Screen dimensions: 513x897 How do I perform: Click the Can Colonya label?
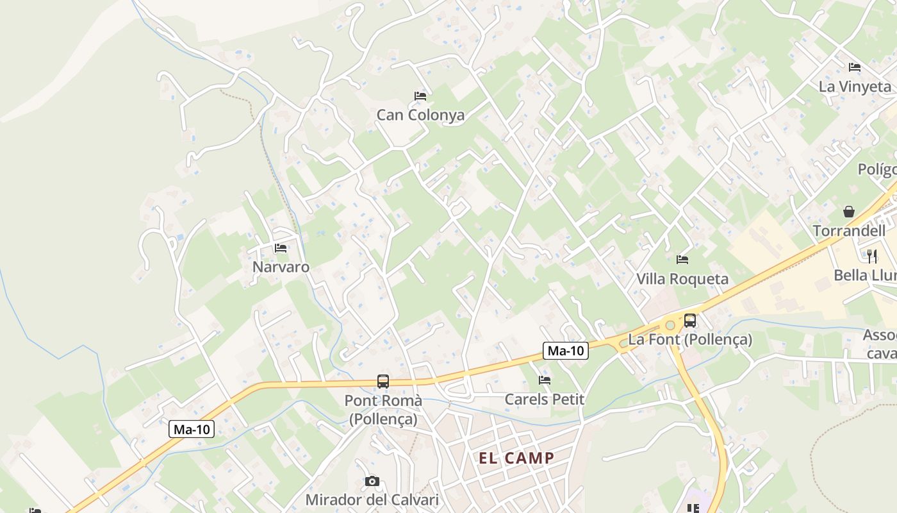420,115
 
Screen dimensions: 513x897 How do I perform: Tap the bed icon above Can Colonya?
420,96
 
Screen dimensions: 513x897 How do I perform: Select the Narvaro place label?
281,267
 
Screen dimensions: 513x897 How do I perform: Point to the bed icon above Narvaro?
281,248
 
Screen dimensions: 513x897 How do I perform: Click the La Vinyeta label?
855,87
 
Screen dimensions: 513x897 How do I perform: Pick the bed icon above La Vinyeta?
855,67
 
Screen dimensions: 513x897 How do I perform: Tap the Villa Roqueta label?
682,279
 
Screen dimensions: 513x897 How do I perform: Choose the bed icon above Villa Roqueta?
682,260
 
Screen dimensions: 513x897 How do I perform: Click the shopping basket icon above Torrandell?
849,212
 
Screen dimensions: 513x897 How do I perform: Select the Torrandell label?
849,231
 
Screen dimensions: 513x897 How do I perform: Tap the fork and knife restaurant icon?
871,256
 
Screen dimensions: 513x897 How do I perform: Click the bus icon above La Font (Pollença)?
690,320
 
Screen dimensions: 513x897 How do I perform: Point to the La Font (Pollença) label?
690,339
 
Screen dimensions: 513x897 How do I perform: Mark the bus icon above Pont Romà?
383,382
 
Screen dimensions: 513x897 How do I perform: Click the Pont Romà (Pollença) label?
383,410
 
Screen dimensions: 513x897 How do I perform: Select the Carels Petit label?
545,399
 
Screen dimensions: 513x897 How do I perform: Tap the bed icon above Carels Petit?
545,380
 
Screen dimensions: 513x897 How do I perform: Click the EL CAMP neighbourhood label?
516,458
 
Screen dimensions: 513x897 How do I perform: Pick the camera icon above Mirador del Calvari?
372,481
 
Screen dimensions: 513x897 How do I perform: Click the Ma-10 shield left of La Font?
566,351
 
